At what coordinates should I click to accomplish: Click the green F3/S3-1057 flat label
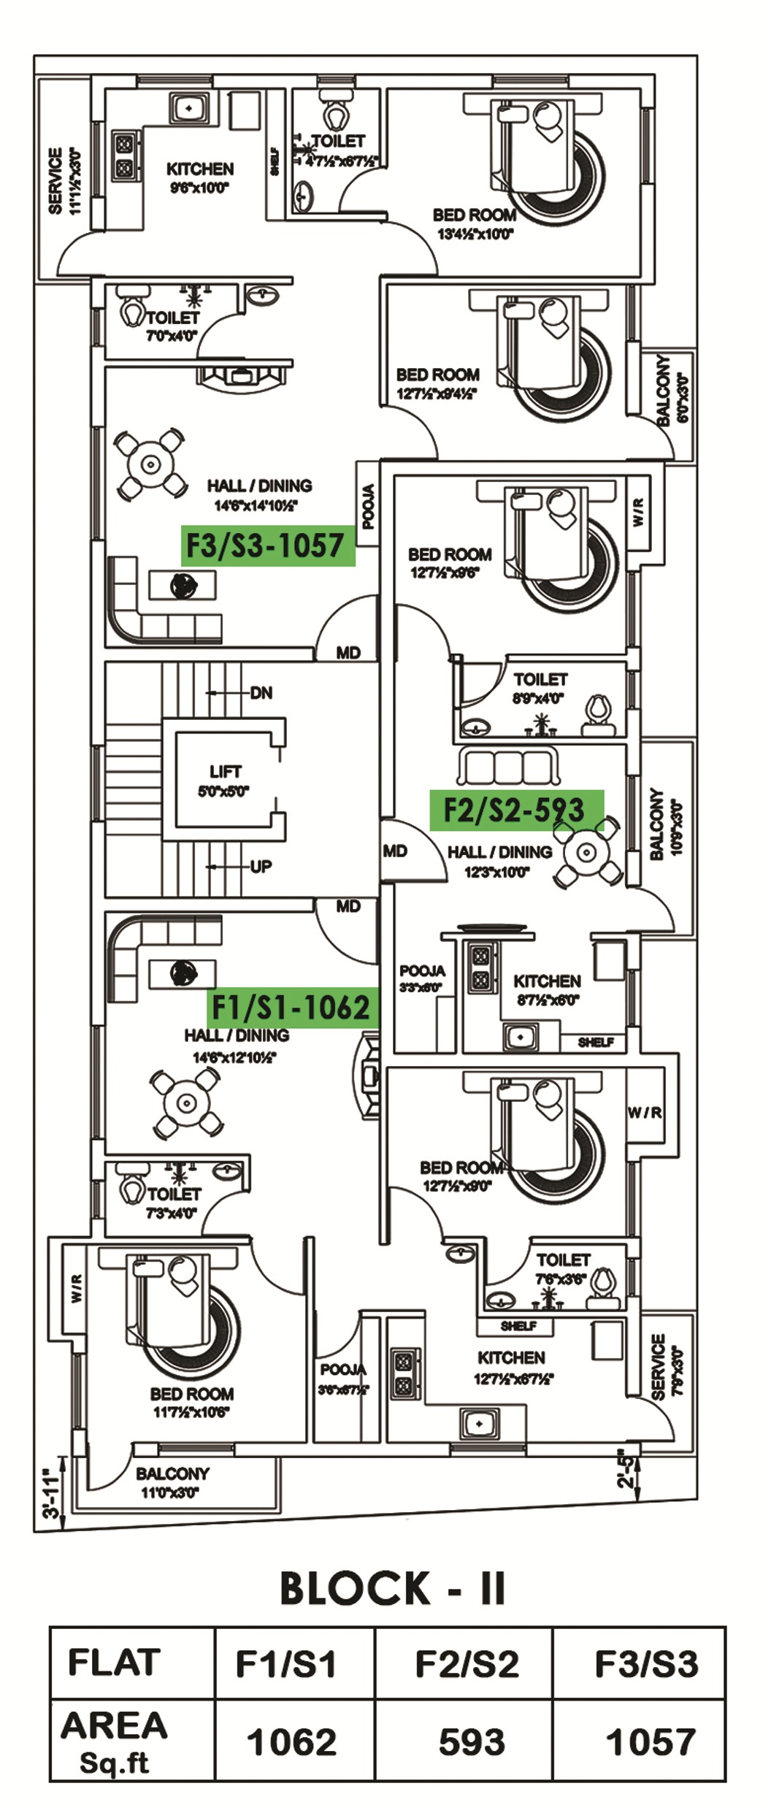tap(267, 545)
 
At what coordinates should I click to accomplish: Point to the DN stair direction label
tap(261, 693)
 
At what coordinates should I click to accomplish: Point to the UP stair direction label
tap(261, 867)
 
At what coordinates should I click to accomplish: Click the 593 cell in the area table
tap(471, 1741)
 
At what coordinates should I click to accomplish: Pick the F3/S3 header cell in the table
tap(646, 1664)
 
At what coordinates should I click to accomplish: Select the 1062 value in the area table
tap(292, 1741)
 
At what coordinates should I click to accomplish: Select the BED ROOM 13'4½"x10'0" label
tap(475, 223)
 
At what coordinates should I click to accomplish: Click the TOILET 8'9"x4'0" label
tap(540, 688)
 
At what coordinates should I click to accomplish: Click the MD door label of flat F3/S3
tap(348, 653)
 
